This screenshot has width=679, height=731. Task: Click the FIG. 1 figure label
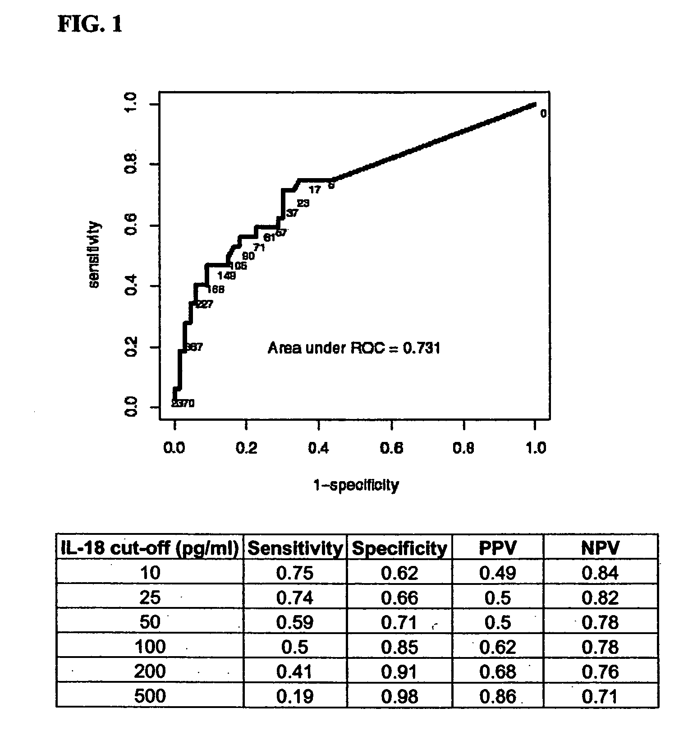point(90,24)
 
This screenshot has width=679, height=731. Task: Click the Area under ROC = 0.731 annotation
point(353,348)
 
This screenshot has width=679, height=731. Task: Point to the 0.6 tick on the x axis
point(391,448)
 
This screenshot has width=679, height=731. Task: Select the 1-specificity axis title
point(356,485)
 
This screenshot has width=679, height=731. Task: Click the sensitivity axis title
point(94,254)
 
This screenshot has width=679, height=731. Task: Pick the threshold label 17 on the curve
point(314,190)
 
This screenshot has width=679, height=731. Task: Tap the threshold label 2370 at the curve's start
point(183,404)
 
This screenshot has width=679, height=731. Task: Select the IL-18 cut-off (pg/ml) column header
point(150,548)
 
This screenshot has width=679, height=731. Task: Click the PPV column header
point(497,548)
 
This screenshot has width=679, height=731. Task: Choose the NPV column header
point(600,548)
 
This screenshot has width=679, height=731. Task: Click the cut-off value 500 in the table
point(150,696)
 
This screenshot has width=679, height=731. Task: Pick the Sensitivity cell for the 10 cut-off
point(294,573)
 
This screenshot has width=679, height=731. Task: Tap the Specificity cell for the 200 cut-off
point(399,671)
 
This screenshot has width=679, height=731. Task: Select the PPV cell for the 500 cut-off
point(497,696)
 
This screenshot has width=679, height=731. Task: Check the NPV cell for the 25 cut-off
point(600,598)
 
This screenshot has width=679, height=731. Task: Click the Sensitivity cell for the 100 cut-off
point(294,647)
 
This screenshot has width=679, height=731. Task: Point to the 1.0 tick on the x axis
point(536,448)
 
